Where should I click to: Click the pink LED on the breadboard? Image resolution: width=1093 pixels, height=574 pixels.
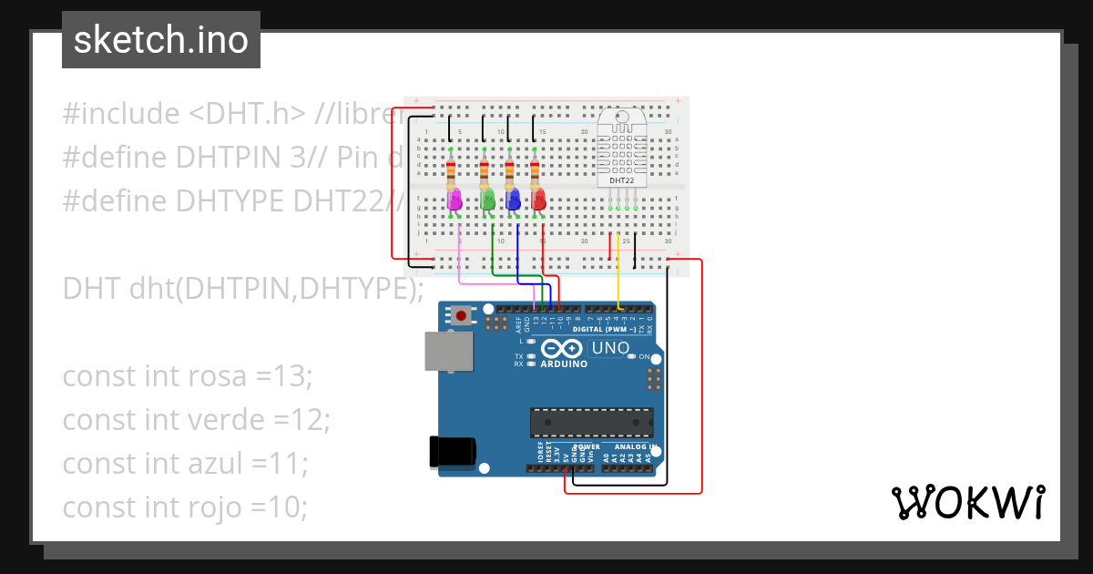coord(455,199)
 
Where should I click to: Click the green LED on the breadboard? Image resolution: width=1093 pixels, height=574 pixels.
coord(487,199)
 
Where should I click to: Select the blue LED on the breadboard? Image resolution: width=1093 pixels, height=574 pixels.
coord(513,199)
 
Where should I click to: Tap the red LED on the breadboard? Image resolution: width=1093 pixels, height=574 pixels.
coord(538,199)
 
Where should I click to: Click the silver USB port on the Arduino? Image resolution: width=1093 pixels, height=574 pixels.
coord(449,352)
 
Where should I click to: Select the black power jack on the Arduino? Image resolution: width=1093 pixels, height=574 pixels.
coord(453,452)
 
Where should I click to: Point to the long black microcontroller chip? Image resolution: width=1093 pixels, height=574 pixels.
coord(592,423)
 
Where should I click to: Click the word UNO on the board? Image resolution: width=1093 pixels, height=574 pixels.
coord(610,348)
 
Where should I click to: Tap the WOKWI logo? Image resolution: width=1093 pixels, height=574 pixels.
coord(967,502)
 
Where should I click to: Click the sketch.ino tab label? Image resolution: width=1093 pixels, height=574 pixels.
coord(161,40)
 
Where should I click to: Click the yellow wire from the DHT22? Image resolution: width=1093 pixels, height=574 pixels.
coord(619,269)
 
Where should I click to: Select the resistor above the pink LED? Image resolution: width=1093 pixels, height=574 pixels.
coord(453,169)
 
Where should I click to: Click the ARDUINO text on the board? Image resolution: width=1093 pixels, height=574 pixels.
coord(565,364)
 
